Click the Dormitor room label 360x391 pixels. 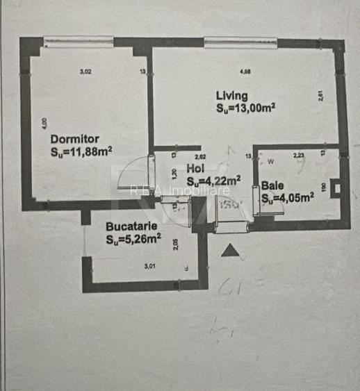click(74, 139)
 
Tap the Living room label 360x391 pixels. click(231, 95)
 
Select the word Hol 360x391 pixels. click(196, 167)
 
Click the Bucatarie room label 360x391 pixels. click(131, 226)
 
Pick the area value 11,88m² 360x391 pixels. click(81, 151)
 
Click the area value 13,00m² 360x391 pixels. click(246, 108)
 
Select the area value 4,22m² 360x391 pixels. click(213, 178)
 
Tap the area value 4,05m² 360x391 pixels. click(288, 197)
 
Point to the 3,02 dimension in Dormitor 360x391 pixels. click(85, 71)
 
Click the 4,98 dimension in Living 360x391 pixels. click(245, 71)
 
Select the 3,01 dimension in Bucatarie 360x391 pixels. click(150, 266)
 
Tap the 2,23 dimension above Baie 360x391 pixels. click(299, 156)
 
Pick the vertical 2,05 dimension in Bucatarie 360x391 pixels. click(177, 244)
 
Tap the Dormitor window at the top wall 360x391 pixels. click(79, 42)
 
